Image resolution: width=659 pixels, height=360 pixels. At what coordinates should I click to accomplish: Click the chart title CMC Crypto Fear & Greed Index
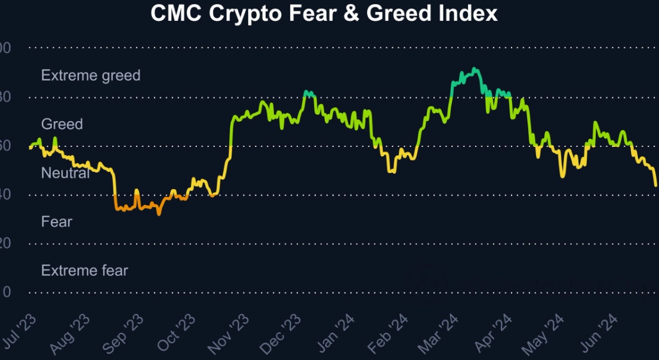[324, 14]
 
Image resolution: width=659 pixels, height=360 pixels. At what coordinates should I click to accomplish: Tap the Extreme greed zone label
[91, 75]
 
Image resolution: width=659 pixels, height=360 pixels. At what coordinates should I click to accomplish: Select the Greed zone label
[62, 124]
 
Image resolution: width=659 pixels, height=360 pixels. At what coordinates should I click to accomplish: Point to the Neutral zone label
[65, 173]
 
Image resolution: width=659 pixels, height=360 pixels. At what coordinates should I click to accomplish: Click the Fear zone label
[57, 222]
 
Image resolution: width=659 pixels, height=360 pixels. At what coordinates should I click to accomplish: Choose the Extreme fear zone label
[85, 270]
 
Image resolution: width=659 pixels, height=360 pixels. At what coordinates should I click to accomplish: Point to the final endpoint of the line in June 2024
[656, 186]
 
